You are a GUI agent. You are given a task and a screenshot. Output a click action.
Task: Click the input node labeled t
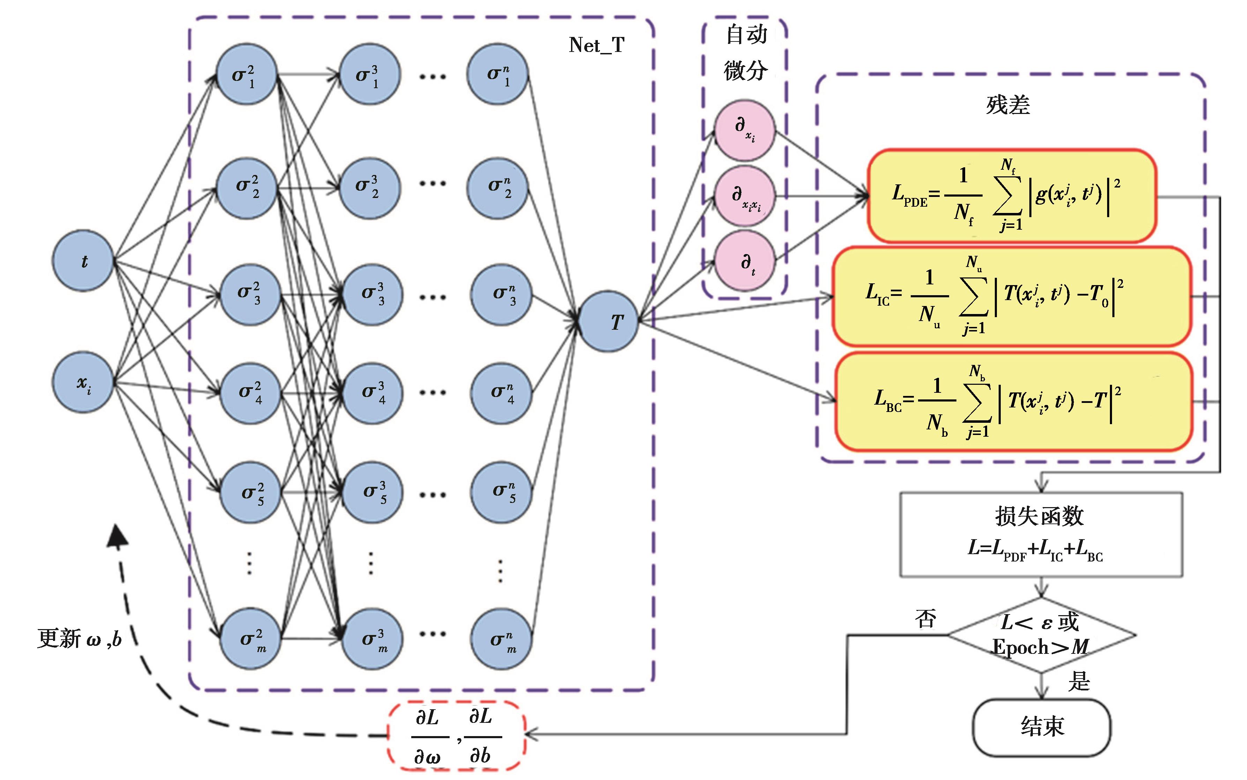(x=83, y=261)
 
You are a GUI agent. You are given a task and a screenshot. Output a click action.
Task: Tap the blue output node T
(x=609, y=321)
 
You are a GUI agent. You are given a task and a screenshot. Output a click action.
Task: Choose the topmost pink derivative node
(x=745, y=130)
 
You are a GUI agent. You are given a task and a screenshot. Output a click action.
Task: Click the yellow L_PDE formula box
(x=1012, y=196)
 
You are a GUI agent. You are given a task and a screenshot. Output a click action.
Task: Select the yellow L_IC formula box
(x=1012, y=296)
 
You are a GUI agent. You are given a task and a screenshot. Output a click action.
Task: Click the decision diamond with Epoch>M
(x=1041, y=635)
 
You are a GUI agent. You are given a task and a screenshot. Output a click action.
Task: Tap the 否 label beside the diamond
(x=925, y=618)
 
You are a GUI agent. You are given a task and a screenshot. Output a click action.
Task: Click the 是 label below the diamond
(x=1079, y=681)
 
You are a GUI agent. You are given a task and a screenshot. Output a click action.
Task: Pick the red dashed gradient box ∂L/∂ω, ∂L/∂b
(x=456, y=736)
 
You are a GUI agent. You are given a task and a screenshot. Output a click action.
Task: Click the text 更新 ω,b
(x=80, y=638)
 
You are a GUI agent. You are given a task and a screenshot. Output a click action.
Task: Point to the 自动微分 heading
(x=745, y=53)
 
